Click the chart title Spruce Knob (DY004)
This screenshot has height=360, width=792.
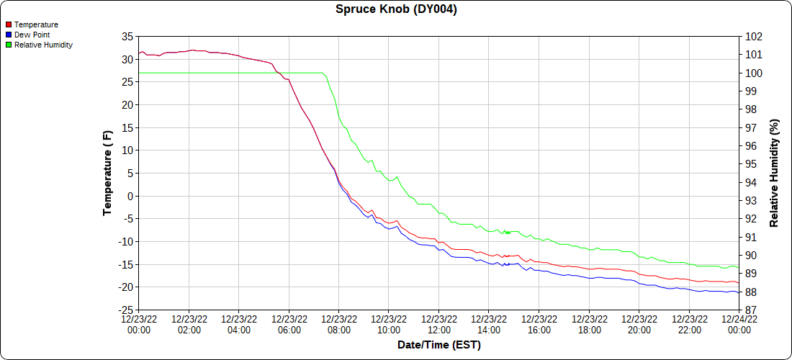click(396, 9)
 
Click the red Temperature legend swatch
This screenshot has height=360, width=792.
click(9, 24)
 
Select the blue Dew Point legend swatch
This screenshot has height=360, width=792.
click(9, 35)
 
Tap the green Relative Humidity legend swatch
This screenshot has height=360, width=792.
click(9, 45)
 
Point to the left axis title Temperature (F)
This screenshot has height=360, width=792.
click(107, 173)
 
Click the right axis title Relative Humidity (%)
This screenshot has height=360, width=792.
click(774, 173)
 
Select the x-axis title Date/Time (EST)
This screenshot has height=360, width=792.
click(438, 345)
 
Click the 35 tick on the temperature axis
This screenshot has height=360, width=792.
click(127, 37)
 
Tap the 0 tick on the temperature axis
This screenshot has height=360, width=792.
click(130, 196)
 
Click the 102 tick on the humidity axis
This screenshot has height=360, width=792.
click(754, 37)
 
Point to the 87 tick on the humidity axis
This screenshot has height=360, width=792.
click(751, 310)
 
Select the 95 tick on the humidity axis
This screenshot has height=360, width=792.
click(751, 164)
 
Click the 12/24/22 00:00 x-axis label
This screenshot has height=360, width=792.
click(739, 324)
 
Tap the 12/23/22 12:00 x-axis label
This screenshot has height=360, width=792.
click(438, 324)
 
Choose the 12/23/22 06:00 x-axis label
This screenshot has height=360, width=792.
click(289, 324)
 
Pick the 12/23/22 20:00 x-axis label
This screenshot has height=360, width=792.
click(639, 324)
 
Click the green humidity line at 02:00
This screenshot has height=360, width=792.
click(189, 73)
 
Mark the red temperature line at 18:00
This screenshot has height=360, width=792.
click(589, 269)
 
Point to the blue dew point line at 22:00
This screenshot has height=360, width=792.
click(689, 289)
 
